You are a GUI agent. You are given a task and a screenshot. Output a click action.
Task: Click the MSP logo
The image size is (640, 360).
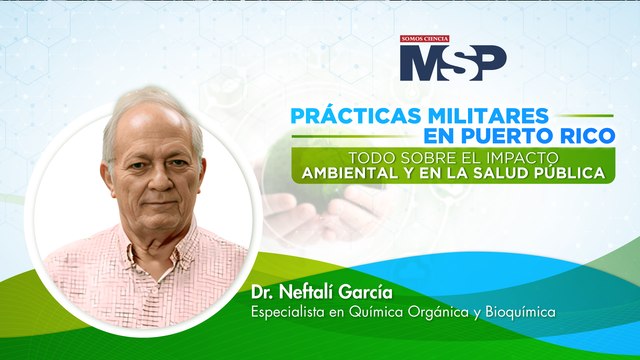[453, 63]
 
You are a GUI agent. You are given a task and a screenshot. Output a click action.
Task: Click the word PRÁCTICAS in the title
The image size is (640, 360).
[349, 116]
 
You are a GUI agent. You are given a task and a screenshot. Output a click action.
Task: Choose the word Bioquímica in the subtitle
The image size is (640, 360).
[518, 313]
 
